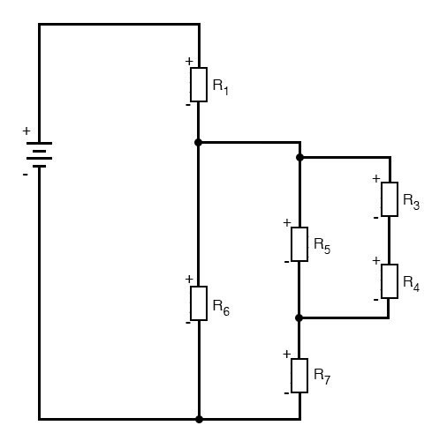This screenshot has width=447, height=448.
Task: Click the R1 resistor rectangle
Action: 199,85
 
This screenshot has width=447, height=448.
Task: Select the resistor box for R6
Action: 199,303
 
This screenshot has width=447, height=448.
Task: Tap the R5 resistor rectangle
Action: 299,244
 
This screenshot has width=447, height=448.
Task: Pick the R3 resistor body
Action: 390,199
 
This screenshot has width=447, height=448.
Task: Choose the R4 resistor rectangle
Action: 390,281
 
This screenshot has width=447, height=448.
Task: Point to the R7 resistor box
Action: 299,376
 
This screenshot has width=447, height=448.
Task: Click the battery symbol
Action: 39,154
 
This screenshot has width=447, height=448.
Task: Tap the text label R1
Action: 221,87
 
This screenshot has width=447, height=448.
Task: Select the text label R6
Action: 221,308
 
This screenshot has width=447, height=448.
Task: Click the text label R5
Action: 322,246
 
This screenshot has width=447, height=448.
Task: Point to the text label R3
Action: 411,202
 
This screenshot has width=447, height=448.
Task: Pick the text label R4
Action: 411,284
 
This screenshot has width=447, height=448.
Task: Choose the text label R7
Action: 322,377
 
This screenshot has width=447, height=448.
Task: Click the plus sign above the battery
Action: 27,131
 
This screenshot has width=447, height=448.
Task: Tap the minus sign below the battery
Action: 26,175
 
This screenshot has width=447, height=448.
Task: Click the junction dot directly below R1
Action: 199,143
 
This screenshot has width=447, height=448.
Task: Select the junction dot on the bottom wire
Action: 199,420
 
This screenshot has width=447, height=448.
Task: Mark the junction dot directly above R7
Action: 299,317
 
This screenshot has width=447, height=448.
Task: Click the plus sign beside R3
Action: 376,178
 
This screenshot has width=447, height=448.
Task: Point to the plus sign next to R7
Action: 286,355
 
